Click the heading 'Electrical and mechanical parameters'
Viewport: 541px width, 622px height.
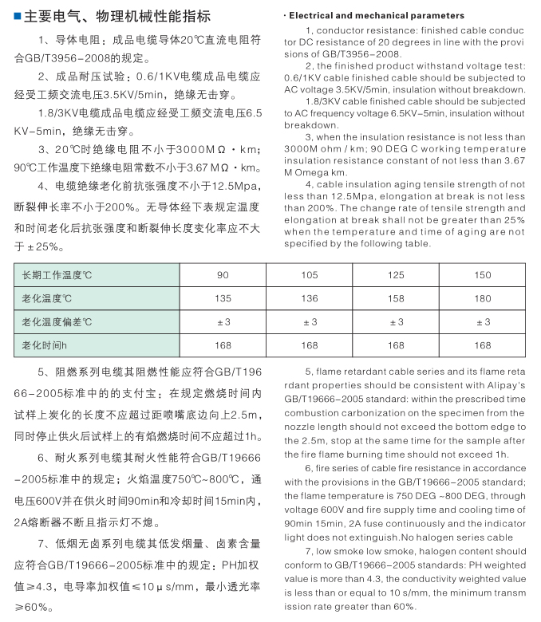[376, 15]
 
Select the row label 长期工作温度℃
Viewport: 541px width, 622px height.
[57, 275]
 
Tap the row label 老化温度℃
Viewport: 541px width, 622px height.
[48, 298]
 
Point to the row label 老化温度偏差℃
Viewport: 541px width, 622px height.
[57, 321]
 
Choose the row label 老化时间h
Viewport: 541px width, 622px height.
[45, 345]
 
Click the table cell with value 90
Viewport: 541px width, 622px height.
[223, 275]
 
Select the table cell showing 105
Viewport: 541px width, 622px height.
[310, 275]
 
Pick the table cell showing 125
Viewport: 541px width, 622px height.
[396, 275]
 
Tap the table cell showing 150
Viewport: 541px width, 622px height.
[482, 275]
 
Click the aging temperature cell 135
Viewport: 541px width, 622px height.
[223, 298]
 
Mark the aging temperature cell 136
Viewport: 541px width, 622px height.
[310, 298]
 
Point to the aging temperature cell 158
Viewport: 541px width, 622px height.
[396, 298]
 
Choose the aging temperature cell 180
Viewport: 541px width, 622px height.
[482, 298]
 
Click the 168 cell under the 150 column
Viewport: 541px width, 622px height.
[482, 345]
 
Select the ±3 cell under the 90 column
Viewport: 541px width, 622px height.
[223, 321]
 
